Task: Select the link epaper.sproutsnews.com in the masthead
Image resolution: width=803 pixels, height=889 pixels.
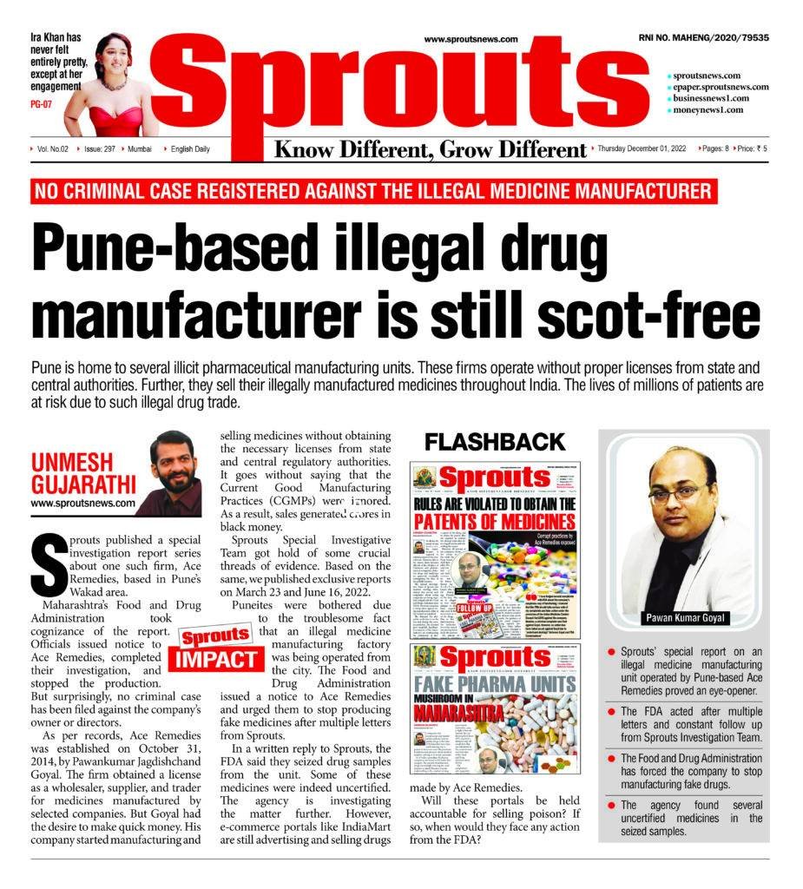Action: tap(720, 87)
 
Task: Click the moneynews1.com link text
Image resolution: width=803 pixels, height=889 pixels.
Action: tap(708, 110)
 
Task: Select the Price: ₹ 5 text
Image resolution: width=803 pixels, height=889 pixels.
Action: tap(751, 149)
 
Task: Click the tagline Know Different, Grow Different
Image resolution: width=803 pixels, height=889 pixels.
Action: tap(431, 149)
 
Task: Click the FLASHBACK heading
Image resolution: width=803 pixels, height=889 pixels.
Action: tap(495, 442)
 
